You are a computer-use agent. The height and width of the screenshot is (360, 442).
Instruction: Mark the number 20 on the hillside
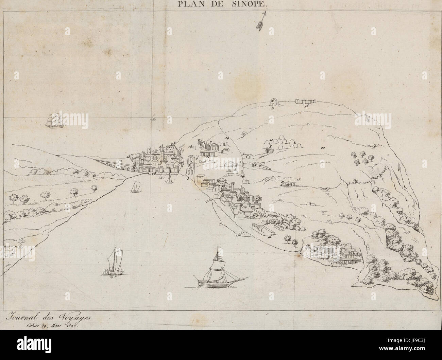[x=322, y=148]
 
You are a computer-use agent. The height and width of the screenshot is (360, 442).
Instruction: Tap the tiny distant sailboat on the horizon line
[x=153, y=118]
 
